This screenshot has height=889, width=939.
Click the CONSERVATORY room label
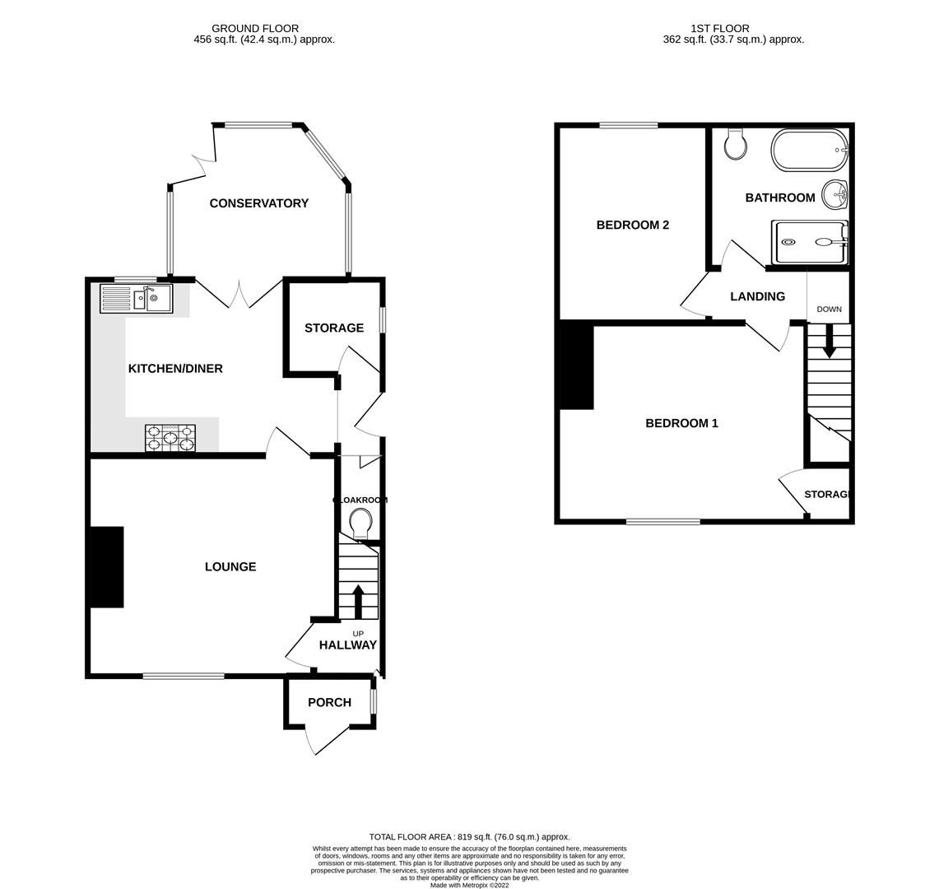[258, 203]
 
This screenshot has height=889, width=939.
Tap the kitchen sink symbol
[137, 298]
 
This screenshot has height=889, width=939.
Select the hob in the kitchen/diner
[170, 437]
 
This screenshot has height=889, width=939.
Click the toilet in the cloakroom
[360, 523]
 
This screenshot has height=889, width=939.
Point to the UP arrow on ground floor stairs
[358, 601]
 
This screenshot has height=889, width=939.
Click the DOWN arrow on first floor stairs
[829, 341]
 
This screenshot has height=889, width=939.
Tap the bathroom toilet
[736, 144]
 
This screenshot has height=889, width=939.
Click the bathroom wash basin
[835, 196]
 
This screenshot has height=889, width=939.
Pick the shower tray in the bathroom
[809, 242]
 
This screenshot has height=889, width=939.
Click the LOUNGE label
[230, 566]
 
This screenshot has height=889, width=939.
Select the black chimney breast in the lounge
[106, 567]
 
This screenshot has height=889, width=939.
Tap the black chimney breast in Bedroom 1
[577, 365]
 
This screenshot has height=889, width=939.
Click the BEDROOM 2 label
[632, 225]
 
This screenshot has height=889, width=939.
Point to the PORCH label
[329, 702]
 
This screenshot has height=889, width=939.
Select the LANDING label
[757, 296]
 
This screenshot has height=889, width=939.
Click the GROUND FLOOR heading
[255, 28]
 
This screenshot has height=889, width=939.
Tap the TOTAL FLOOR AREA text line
[469, 836]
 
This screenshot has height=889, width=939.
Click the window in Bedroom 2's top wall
[629, 125]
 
